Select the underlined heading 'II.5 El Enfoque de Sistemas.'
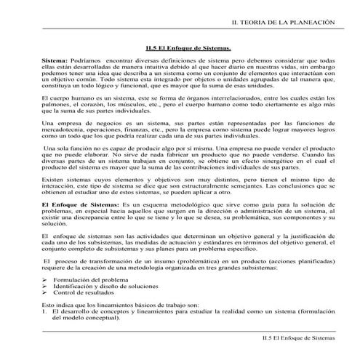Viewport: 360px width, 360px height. coord(188,49)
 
